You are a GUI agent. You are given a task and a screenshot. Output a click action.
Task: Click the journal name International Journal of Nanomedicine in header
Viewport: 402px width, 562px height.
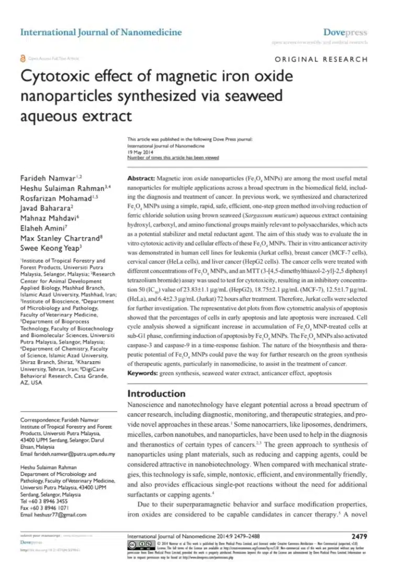pyautogui.click(x=101, y=33)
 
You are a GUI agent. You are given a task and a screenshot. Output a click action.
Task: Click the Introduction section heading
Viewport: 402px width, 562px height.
pyautogui.click(x=157, y=393)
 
